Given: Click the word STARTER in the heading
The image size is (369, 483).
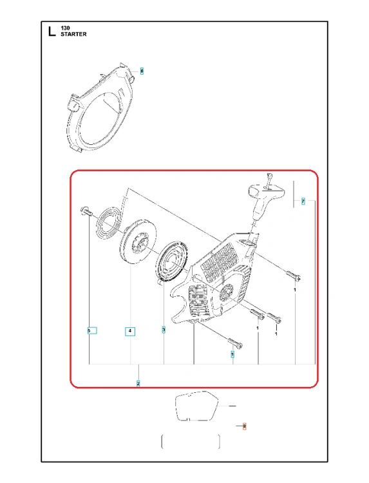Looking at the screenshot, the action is pos(73,34).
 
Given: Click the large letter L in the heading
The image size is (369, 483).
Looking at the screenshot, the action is pos(52,32).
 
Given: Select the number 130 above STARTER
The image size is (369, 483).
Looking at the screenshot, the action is pos(65,28).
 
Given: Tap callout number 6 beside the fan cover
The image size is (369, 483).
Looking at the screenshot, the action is pos(142,71).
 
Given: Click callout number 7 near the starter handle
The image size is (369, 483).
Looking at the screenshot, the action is pos(303,202).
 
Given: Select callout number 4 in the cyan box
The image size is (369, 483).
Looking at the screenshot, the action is pos(130,331).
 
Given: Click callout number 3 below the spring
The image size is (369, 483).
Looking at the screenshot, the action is pos(164,330).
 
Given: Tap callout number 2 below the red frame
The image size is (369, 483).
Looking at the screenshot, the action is pos(138,384).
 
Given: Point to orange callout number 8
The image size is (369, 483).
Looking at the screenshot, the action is pos(244,426).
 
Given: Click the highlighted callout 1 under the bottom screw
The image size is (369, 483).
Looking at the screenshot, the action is pos(232,354).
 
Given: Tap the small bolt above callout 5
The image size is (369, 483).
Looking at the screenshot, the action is pos(86,211).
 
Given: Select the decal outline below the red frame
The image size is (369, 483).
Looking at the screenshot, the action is pos(197,406).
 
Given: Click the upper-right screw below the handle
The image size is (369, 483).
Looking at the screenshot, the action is pos(294,275).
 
